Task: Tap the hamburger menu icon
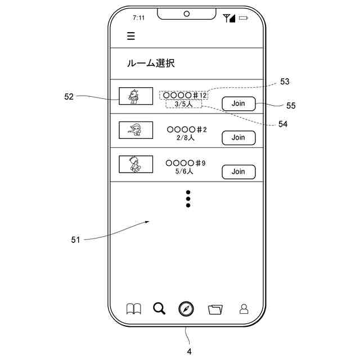(x=131, y=37)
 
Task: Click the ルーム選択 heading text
(x=151, y=64)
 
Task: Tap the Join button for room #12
(x=238, y=103)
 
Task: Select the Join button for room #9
(x=238, y=172)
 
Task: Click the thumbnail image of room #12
(x=136, y=96)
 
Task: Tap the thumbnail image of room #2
(x=136, y=130)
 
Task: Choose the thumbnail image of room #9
(x=136, y=164)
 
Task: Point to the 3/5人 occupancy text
(x=184, y=104)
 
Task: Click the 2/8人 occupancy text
(x=185, y=138)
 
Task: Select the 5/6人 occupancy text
(x=184, y=172)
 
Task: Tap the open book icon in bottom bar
(x=133, y=309)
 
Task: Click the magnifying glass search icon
(x=160, y=308)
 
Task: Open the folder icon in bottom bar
(x=215, y=309)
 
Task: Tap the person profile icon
(x=244, y=309)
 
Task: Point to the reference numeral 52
(x=69, y=96)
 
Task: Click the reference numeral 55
(x=290, y=105)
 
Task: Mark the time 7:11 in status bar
(x=138, y=18)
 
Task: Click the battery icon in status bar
(x=244, y=18)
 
